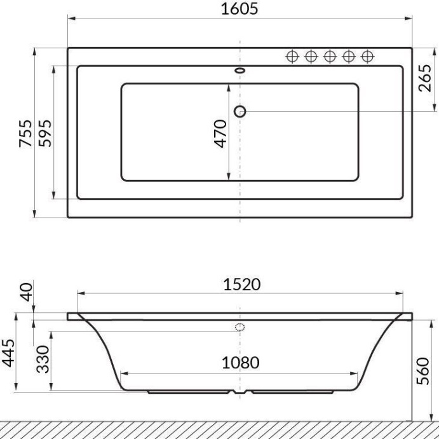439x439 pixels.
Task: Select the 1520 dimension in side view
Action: [x=240, y=284]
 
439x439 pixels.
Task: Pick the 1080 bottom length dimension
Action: [x=240, y=363]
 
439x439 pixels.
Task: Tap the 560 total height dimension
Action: [x=424, y=370]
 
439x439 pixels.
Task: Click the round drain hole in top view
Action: [x=240, y=111]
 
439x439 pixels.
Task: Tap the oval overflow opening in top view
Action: [x=240, y=71]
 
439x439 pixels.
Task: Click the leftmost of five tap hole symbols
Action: [x=292, y=56]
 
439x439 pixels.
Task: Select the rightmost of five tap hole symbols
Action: [x=367, y=56]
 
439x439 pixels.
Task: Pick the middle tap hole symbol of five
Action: [x=329, y=56]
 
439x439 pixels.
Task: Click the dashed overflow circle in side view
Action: [x=240, y=328]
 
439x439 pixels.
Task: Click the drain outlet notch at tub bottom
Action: [x=240, y=393]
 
